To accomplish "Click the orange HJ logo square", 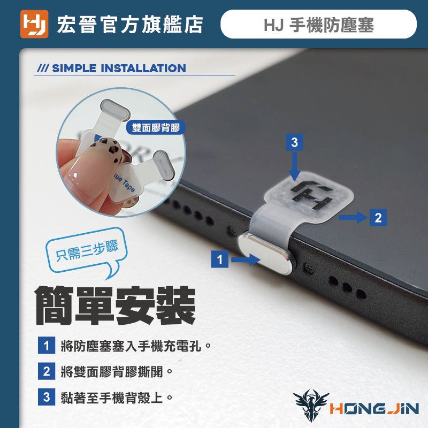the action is (x=34, y=24).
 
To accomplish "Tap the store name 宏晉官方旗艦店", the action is (x=130, y=25).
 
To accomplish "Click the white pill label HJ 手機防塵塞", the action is (x=318, y=24).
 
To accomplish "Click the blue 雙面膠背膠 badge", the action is (x=156, y=127).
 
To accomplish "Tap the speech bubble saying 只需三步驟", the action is (x=87, y=251).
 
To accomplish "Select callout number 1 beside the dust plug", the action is (x=220, y=259).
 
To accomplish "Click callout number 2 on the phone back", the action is (x=378, y=218).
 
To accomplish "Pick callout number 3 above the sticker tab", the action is (x=294, y=142).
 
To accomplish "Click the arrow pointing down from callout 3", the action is (x=294, y=166).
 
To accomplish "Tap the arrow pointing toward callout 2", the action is (x=353, y=218).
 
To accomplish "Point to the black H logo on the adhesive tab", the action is (x=312, y=195).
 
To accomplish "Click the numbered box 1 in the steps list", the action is (x=47, y=346).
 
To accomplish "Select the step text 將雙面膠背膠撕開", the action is (x=112, y=372).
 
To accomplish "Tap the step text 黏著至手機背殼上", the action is (x=112, y=398).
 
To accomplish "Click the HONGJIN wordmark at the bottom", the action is (x=374, y=409).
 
